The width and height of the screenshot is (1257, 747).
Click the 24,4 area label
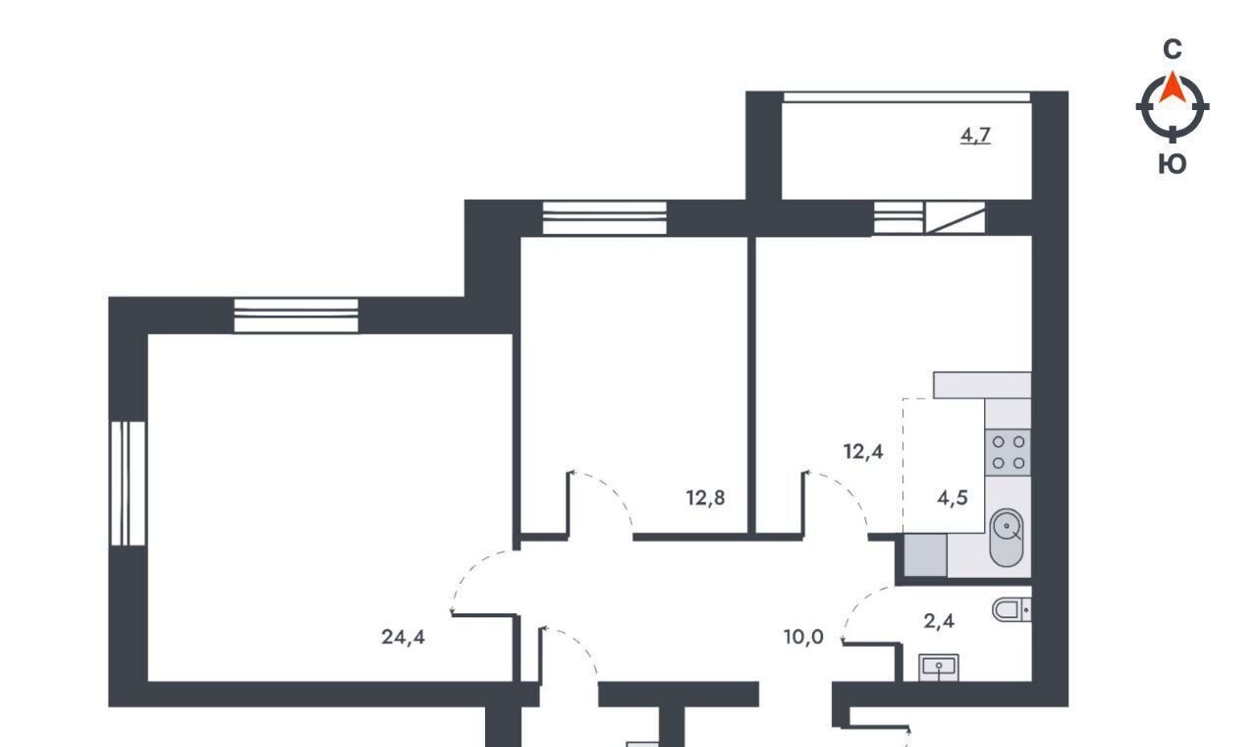tap(403, 637)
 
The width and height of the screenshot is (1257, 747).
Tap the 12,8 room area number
tap(705, 497)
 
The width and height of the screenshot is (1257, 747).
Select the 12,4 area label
tap(863, 451)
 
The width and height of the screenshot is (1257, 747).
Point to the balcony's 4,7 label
tap(975, 136)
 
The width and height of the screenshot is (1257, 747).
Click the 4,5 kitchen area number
tap(953, 497)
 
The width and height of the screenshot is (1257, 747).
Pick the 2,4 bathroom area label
tap(939, 621)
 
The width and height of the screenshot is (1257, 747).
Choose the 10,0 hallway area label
tap(803, 637)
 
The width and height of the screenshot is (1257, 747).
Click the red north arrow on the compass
tap(1173, 88)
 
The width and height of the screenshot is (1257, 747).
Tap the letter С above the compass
tap(1173, 49)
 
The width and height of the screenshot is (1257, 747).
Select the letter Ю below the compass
tap(1173, 164)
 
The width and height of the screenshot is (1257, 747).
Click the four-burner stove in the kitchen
tap(1008, 452)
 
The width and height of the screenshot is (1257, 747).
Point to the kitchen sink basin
tap(1007, 538)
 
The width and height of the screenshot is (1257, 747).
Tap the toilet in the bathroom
tap(1011, 609)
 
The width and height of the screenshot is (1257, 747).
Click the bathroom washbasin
tap(938, 667)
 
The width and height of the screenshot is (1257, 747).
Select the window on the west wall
tap(128, 484)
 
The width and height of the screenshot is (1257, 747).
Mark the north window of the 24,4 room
tap(296, 316)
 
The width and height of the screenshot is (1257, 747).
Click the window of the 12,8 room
tap(604, 218)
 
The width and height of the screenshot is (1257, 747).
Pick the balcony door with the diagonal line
tap(956, 218)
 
